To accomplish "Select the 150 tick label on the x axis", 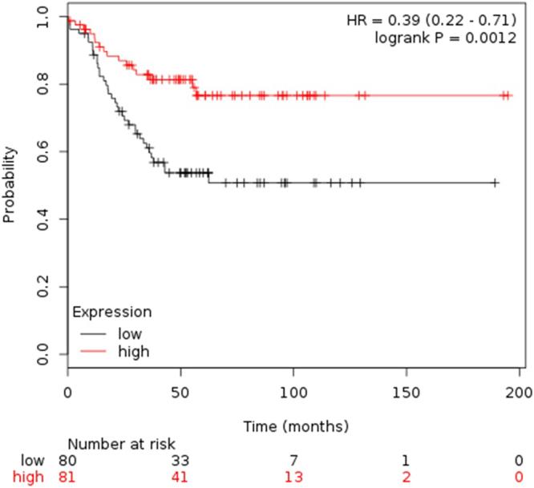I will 407,394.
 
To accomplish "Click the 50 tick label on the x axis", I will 180,394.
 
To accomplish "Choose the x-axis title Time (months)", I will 293,424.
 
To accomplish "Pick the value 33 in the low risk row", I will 180,461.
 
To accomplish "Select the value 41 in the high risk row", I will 180,478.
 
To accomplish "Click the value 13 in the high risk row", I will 293,478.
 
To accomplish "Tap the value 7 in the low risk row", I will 293,461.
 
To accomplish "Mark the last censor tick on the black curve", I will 496,184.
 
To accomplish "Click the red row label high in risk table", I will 30,478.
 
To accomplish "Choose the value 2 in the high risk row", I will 407,478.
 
